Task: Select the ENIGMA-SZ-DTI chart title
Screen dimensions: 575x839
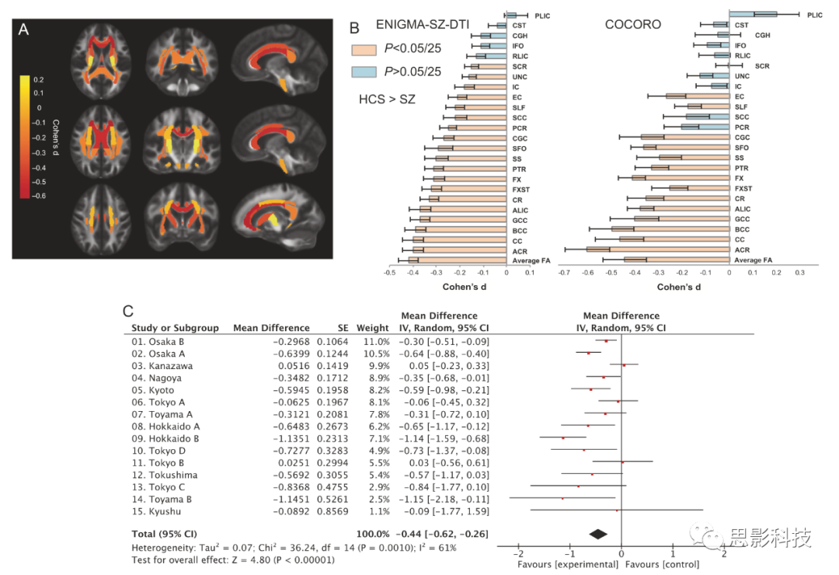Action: [x=423, y=25]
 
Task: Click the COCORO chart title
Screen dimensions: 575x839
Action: [x=633, y=25]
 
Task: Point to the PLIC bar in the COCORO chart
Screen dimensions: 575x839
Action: [x=753, y=14]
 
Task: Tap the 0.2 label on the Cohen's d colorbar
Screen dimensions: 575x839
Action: [x=39, y=79]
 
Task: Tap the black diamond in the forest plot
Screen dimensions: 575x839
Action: [x=597, y=534]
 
